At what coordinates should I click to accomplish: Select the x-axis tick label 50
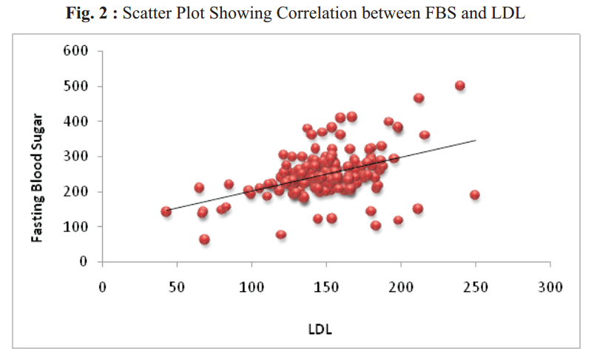178,287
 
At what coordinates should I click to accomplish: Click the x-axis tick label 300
550,287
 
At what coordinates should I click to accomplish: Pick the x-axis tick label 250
476,287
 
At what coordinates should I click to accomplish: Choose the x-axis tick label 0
103,287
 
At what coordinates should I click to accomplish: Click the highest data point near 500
459,86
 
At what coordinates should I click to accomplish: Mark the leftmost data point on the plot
166,211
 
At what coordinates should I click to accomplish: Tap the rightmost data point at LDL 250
475,195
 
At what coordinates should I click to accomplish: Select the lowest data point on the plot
205,240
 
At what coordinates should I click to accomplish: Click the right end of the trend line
476,140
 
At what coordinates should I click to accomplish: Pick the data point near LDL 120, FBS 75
281,235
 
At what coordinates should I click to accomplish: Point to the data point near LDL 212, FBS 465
419,98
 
